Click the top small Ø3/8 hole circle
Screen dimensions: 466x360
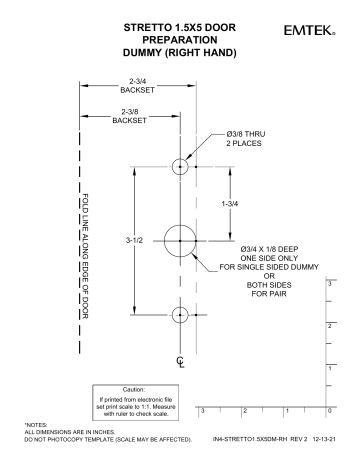coord(180,166)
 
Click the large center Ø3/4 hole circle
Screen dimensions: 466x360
coord(180,241)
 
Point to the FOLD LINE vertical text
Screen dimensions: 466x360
coord(86,254)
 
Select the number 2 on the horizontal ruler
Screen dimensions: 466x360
coord(243,411)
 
